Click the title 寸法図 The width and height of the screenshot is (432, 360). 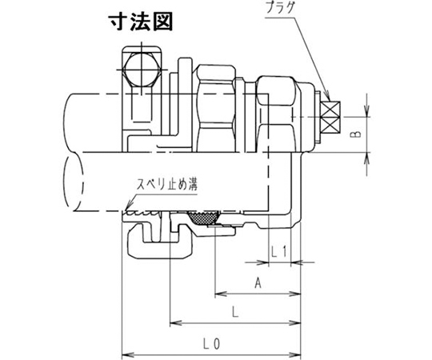(x=141, y=22)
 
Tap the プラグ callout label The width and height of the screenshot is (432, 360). (x=281, y=8)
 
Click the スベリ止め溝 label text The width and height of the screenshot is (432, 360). (x=167, y=185)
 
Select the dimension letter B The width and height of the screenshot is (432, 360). (x=358, y=134)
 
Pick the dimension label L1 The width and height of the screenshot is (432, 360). (x=279, y=251)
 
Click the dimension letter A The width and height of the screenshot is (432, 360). (x=258, y=283)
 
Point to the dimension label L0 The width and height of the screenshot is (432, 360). (x=211, y=344)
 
